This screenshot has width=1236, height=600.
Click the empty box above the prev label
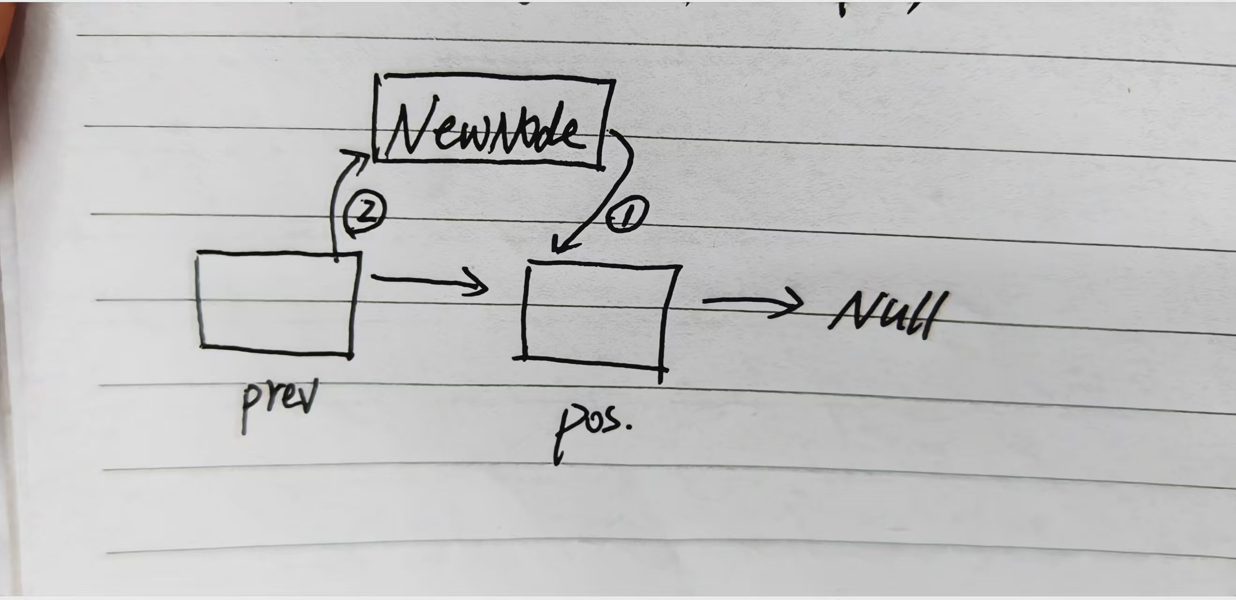[277, 303]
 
